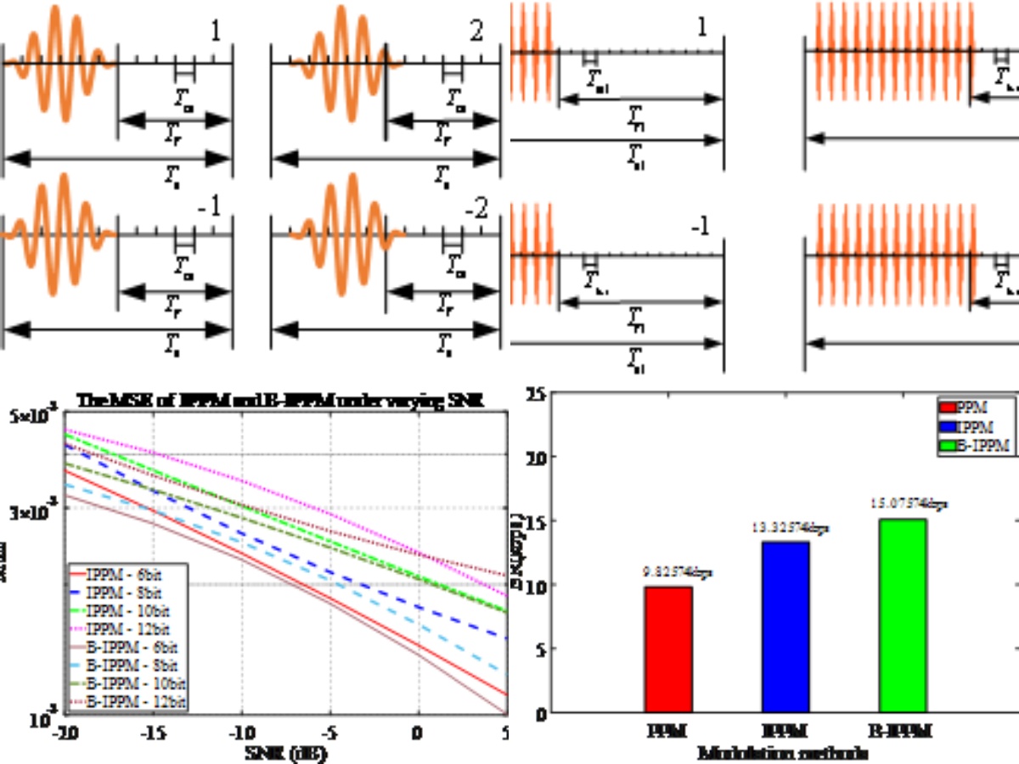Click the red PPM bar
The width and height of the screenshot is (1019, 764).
[x=668, y=649]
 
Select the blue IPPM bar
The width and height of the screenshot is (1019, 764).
[x=785, y=627]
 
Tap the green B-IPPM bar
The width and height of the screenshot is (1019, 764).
[x=902, y=615]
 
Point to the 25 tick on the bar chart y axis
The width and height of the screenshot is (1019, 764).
[x=535, y=394]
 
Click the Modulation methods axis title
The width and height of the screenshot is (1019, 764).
[x=785, y=752]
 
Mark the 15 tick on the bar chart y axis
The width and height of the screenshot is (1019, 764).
[x=535, y=520]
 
